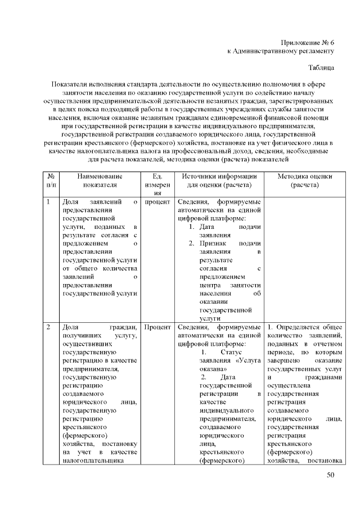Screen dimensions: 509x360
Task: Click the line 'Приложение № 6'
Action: click(307, 42)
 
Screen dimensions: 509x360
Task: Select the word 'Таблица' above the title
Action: click(321, 67)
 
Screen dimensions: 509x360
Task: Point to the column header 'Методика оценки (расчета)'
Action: click(304, 180)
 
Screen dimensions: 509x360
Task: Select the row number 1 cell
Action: click(49, 202)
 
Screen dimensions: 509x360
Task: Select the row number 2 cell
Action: click(49, 327)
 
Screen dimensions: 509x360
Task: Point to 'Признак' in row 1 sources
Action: click(213, 243)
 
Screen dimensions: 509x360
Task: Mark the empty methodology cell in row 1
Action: click(304, 259)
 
